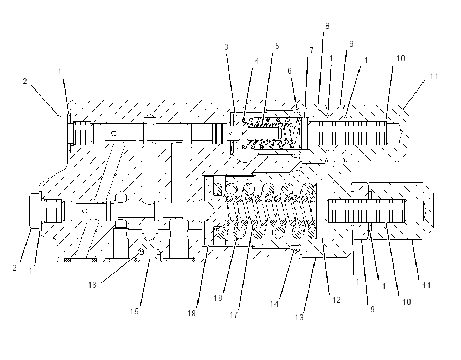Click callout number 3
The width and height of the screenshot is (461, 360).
click(x=226, y=47)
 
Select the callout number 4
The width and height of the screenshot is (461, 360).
click(x=257, y=61)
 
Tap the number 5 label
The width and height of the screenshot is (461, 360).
click(x=277, y=46)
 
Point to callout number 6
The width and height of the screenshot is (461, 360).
click(x=290, y=71)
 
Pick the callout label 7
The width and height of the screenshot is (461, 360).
click(x=312, y=50)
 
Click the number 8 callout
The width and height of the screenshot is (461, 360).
click(x=327, y=26)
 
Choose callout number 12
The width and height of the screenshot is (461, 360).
click(x=336, y=300)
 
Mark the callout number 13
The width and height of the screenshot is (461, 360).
click(x=299, y=318)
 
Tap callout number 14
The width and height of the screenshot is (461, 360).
click(x=274, y=304)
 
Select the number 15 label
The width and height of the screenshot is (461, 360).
click(x=135, y=312)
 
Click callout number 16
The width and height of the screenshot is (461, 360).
click(x=92, y=285)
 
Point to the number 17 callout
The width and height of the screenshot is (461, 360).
click(x=234, y=315)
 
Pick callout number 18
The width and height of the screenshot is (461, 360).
click(x=218, y=298)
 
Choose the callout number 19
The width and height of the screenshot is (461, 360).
click(x=191, y=313)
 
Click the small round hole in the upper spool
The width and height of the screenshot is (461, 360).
click(x=113, y=134)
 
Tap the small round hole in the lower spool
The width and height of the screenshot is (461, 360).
click(x=85, y=211)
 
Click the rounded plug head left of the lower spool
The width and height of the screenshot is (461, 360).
click(x=35, y=210)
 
